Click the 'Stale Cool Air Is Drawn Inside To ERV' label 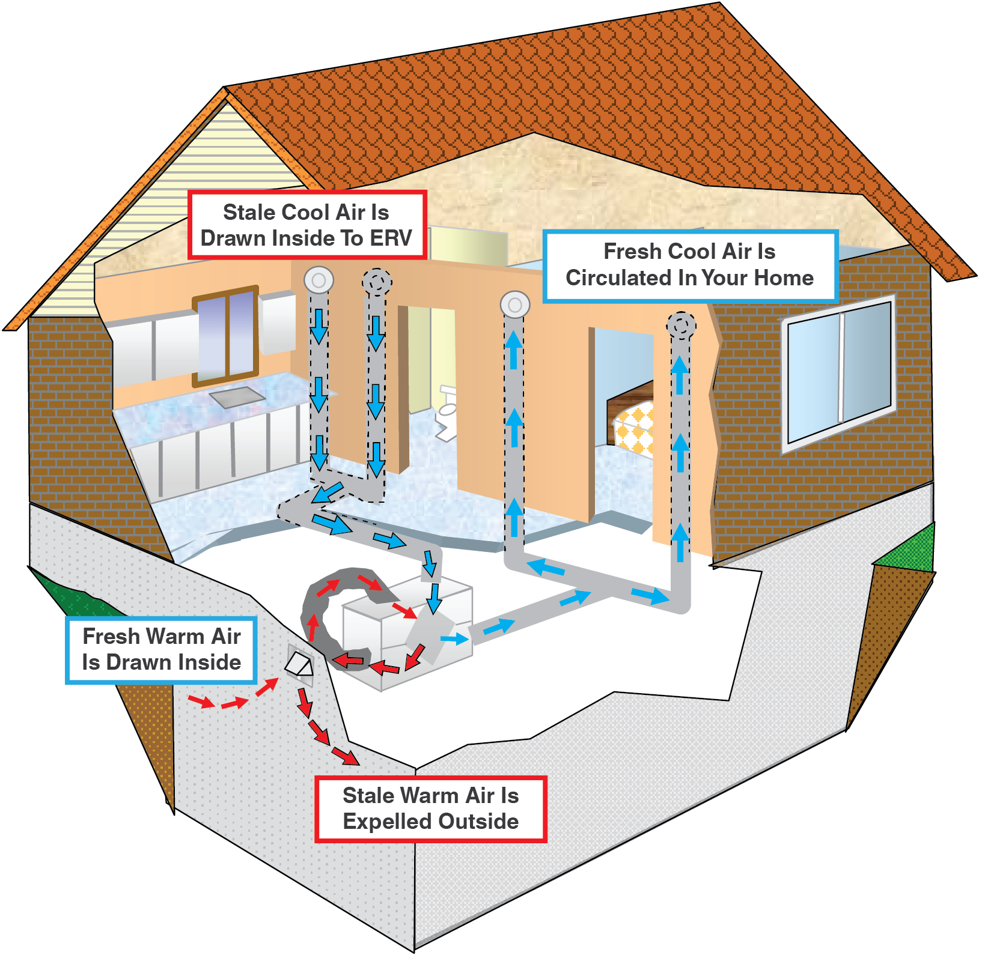(307, 225)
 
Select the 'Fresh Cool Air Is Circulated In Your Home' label (689, 265)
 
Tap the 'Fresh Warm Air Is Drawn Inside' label (161, 649)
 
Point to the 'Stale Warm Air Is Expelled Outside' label (430, 808)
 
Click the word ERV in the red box (391, 238)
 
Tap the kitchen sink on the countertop (237, 396)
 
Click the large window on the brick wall (838, 372)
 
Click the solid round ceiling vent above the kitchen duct (319, 280)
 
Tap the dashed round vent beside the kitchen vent (377, 281)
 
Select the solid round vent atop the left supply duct (514, 305)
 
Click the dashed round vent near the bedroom (681, 326)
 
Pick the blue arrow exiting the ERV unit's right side (455, 638)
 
